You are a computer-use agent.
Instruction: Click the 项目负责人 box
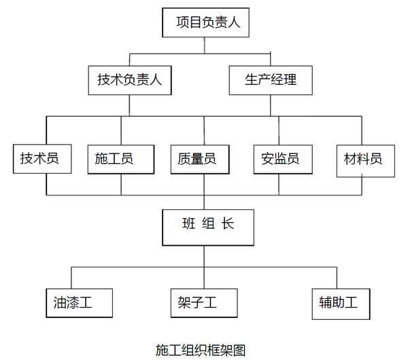coord(203,23)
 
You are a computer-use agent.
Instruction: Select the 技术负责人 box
coord(129,80)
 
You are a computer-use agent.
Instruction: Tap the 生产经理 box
coord(271,80)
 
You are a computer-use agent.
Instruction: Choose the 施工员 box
coord(114,160)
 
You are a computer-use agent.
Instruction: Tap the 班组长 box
coord(203,227)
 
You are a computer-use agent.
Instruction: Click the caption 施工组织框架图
coord(200,350)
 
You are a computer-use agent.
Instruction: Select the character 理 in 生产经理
coord(290,81)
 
